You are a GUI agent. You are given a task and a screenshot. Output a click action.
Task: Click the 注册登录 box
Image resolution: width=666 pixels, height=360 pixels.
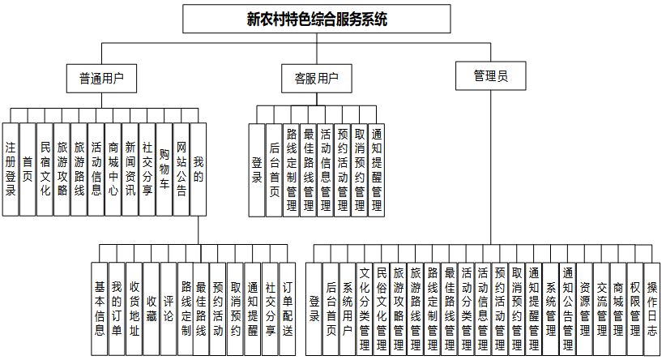pos(10,169)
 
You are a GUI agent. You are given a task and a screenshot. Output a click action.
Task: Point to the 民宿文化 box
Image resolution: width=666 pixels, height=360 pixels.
pos(45,169)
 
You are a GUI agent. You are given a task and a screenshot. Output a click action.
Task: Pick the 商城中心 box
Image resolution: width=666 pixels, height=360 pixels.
pos(113,169)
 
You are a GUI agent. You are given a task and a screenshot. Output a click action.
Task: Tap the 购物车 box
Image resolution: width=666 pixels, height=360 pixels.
pos(164,169)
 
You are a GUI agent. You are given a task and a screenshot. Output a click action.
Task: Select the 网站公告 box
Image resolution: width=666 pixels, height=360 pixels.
pos(181,169)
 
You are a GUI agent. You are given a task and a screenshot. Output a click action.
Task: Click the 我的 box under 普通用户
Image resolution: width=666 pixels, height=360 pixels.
pos(199,169)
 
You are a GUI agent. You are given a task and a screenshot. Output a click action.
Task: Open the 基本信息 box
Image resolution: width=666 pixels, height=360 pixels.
pos(100,308)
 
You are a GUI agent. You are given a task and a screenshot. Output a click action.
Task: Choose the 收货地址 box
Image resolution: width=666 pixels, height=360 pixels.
pos(134,308)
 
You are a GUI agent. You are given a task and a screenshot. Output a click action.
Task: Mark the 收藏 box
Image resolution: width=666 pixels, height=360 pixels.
pos(152,308)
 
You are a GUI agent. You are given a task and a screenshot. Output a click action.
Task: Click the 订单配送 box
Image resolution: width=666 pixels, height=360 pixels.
pos(287,308)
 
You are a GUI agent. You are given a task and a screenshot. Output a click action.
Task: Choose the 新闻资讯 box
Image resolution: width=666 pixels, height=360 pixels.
pos(130,169)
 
